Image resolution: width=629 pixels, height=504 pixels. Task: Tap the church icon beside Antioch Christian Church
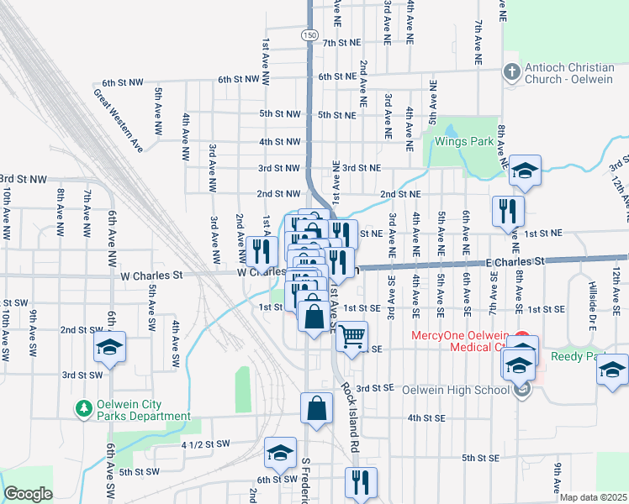(510, 71)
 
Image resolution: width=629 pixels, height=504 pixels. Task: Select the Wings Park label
(463, 141)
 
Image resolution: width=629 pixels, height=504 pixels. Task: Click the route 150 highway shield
(310, 35)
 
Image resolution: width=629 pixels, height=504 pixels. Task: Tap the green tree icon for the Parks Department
(83, 409)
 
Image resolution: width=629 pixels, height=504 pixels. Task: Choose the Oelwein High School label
(457, 388)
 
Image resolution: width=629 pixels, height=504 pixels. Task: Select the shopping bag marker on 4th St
(316, 408)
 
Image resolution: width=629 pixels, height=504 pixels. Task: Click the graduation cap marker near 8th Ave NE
(525, 171)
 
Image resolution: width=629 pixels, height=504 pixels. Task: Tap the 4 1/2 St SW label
(205, 444)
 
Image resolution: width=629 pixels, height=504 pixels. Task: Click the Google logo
(28, 494)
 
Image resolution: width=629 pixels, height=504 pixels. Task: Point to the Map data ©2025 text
(592, 497)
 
